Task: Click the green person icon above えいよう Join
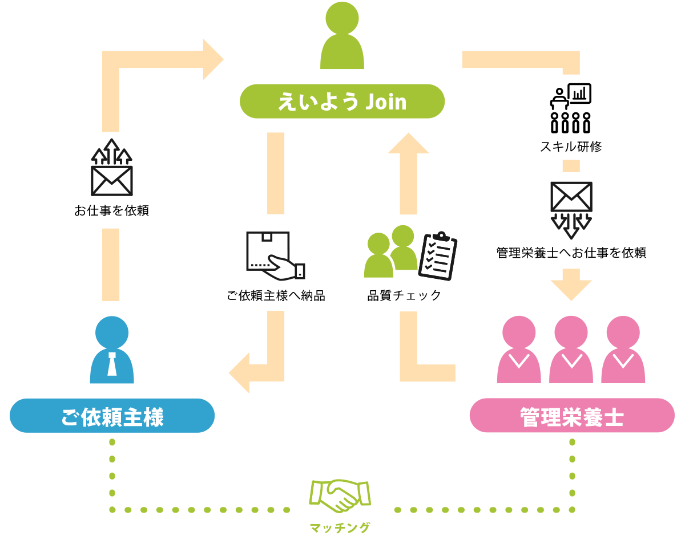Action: tap(342, 38)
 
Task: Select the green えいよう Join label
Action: tap(342, 101)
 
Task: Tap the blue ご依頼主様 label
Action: tap(112, 416)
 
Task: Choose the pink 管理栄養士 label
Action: tap(571, 416)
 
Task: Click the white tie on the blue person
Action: tap(112, 363)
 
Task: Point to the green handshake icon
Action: tap(340, 494)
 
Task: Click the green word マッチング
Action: tap(340, 527)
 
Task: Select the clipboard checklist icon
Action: tap(438, 256)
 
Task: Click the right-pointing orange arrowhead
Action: tap(212, 59)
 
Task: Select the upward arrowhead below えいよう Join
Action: tap(408, 144)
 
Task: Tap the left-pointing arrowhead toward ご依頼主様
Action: tap(240, 372)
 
